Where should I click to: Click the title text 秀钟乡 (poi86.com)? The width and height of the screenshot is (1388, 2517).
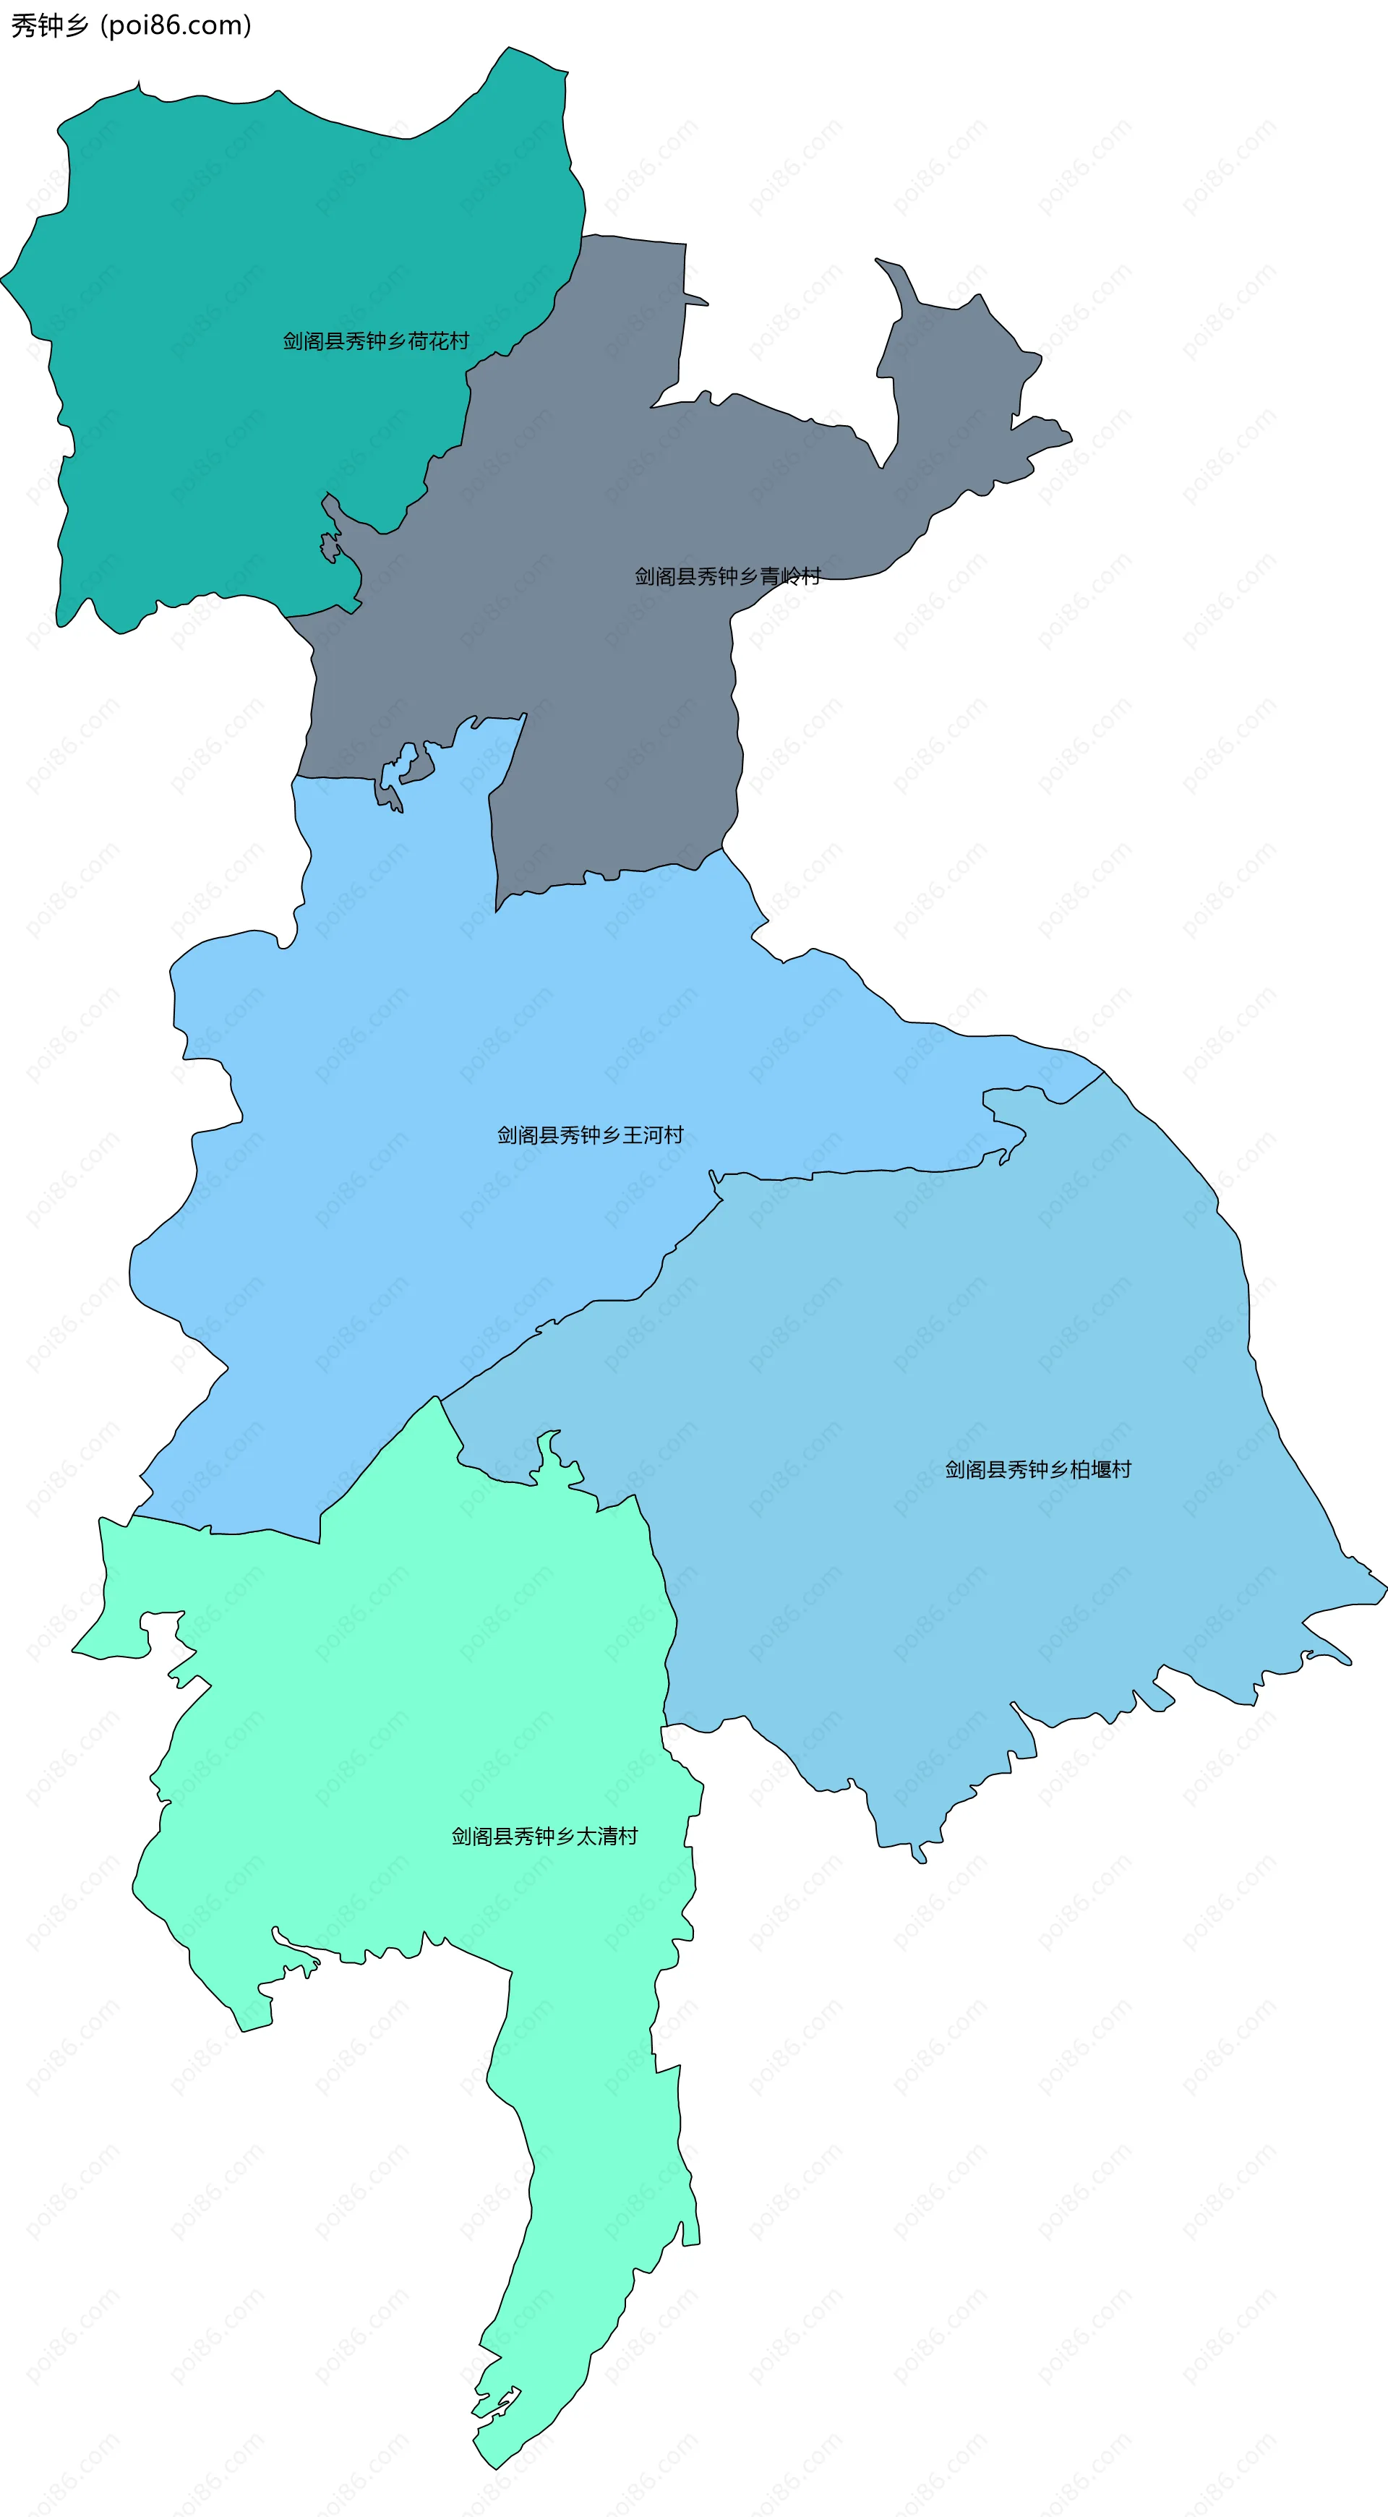click(131, 25)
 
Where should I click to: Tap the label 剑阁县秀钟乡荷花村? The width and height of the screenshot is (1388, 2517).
click(376, 341)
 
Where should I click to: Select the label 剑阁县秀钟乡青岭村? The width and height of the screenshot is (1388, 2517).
click(728, 576)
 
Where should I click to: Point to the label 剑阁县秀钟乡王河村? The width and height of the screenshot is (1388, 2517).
click(590, 1135)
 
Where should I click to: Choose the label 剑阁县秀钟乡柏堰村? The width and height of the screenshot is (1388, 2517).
click(1037, 1469)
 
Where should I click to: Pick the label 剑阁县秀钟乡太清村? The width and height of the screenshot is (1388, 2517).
click(544, 1837)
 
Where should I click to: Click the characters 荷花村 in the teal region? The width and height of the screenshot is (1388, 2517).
click(439, 341)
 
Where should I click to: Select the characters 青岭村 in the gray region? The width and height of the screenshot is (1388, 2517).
click(790, 576)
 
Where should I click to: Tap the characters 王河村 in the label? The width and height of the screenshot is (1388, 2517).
click(653, 1135)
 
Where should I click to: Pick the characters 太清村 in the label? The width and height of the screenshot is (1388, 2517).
click(607, 1837)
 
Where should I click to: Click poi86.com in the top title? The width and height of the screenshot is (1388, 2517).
click(181, 25)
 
